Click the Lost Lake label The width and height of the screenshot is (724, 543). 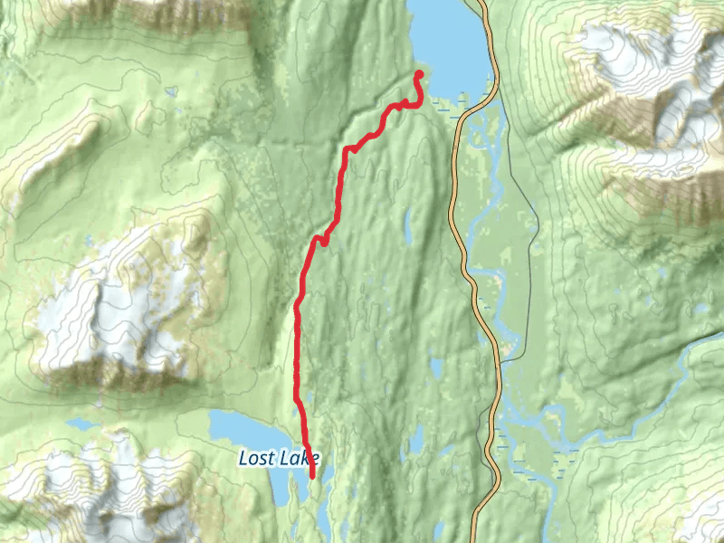279,458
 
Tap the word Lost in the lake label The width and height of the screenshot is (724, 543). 254,458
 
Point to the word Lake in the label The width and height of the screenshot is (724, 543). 298,458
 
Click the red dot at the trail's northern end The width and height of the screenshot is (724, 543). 419,74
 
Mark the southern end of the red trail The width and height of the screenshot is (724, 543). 313,475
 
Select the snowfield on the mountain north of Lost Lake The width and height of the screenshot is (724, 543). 118,299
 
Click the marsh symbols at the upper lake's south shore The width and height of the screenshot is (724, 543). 443,108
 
